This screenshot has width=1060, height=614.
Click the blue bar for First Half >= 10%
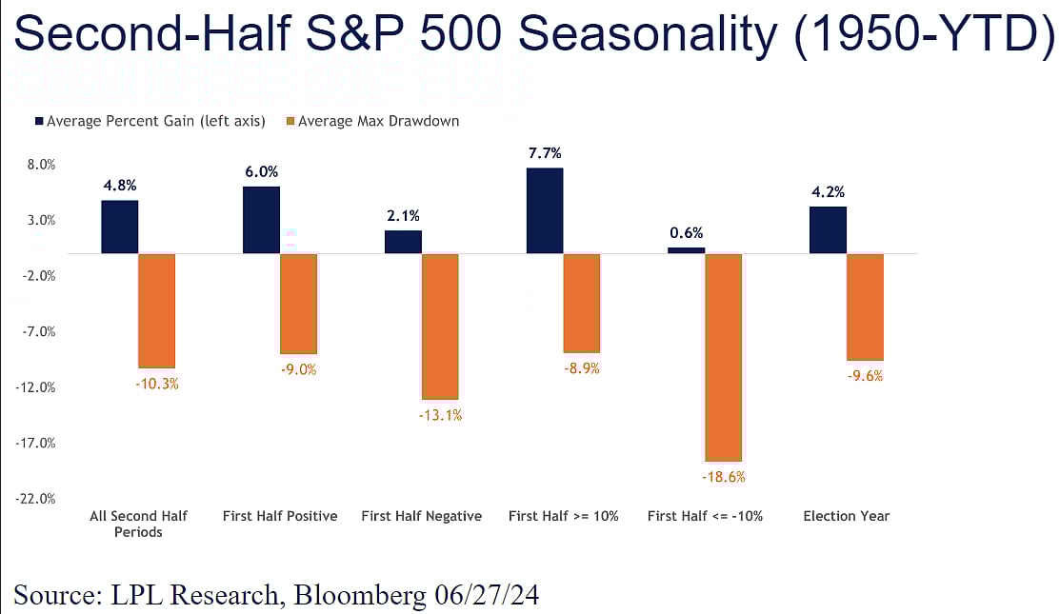[544, 210]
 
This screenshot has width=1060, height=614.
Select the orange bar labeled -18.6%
[723, 357]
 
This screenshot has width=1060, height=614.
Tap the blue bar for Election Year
[828, 229]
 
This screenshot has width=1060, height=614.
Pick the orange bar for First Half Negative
[440, 326]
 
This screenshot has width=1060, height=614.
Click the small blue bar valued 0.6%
[686, 250]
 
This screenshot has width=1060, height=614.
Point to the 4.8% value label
[119, 186]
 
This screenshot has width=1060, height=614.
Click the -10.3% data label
[157, 384]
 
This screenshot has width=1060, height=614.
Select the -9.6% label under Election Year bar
[865, 375]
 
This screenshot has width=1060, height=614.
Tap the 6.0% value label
[261, 172]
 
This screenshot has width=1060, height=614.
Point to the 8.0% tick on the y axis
[42, 165]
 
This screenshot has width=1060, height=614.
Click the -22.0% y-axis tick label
[39, 499]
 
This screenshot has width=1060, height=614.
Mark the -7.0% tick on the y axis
[41, 332]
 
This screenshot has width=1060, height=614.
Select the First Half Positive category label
[280, 516]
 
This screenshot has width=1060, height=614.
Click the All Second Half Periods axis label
[138, 524]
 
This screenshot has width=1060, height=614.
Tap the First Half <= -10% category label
[704, 516]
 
